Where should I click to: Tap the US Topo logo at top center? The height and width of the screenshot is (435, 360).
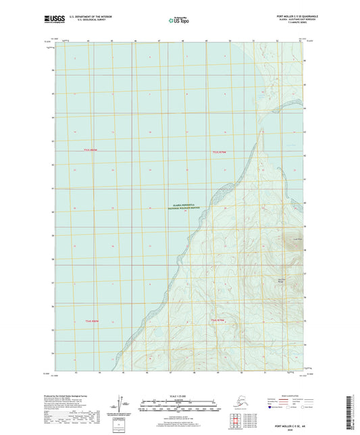point(179,20)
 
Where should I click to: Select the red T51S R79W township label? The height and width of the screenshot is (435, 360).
point(220,151)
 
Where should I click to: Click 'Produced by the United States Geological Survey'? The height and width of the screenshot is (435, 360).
point(67,395)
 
